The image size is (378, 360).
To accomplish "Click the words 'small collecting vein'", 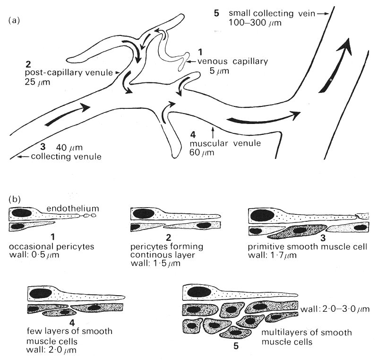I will point(273,13).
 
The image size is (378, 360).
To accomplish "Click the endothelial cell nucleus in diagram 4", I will point(37,292).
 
